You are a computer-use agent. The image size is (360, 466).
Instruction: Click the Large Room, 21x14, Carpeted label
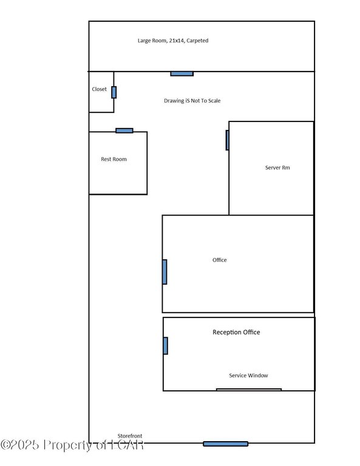(173, 41)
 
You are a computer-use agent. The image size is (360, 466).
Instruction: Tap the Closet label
(100, 89)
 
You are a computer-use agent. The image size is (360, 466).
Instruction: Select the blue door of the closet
(114, 92)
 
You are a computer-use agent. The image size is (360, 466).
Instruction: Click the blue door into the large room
(182, 73)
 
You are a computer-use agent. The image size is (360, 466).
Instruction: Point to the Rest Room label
(114, 160)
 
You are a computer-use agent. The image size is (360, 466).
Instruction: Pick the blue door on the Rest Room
(124, 130)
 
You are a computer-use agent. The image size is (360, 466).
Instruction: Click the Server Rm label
(277, 167)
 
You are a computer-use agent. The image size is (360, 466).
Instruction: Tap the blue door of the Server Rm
(228, 140)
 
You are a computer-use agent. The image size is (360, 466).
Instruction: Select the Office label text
(219, 260)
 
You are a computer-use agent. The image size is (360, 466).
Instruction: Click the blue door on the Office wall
(165, 272)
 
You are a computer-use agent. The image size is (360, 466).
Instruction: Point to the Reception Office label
(236, 333)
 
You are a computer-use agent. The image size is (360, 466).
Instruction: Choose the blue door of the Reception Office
(166, 346)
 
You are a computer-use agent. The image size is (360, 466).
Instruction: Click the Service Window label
(248, 376)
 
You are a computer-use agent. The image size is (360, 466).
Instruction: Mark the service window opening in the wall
(249, 390)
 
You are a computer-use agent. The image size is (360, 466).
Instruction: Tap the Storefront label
(130, 436)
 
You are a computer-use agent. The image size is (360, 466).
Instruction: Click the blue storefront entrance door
(226, 444)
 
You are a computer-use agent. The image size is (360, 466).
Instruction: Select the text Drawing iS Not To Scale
(192, 101)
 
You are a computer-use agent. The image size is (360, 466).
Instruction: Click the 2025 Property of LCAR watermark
(72, 445)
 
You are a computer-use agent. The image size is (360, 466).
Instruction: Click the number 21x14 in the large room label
(177, 41)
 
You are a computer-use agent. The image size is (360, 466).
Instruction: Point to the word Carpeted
(197, 41)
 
